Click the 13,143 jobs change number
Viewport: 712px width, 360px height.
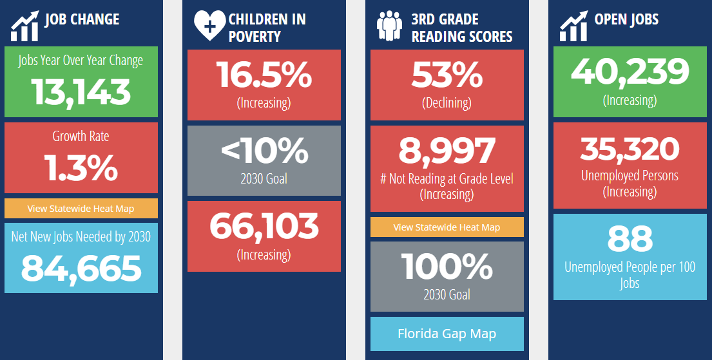coord(81,92)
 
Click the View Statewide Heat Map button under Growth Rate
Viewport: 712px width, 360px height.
coord(81,208)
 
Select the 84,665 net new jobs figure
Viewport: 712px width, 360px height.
coord(81,268)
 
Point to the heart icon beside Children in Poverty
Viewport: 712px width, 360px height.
coord(209,26)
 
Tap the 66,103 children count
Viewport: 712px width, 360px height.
coord(264,226)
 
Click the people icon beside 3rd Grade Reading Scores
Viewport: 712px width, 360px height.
coord(389,26)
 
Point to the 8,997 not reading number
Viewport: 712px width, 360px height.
coord(447,151)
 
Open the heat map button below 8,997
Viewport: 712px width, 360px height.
coord(447,227)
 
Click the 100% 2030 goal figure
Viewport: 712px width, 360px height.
coord(447,266)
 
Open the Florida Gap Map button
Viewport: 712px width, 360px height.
coord(447,334)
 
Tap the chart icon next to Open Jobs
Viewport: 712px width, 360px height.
coord(573,26)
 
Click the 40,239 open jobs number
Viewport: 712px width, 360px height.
coord(630,72)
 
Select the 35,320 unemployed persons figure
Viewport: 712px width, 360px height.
coord(630,149)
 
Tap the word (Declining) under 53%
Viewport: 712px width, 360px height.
coord(447,102)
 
